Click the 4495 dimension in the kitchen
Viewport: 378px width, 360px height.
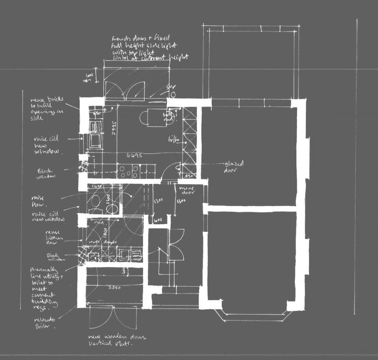point(134,156)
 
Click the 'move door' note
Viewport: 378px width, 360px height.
point(187,190)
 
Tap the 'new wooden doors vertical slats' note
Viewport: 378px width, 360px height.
point(117,340)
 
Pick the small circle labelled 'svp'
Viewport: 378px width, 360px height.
point(173,95)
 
